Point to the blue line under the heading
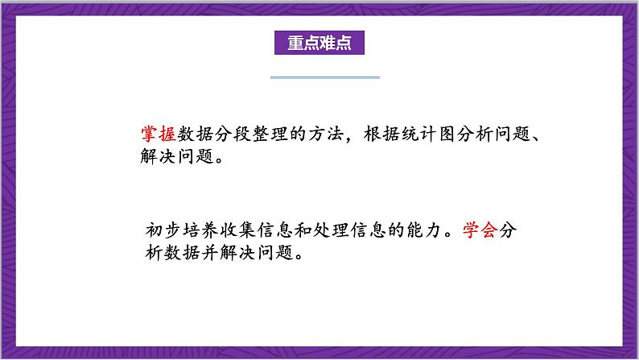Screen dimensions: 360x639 324,77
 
